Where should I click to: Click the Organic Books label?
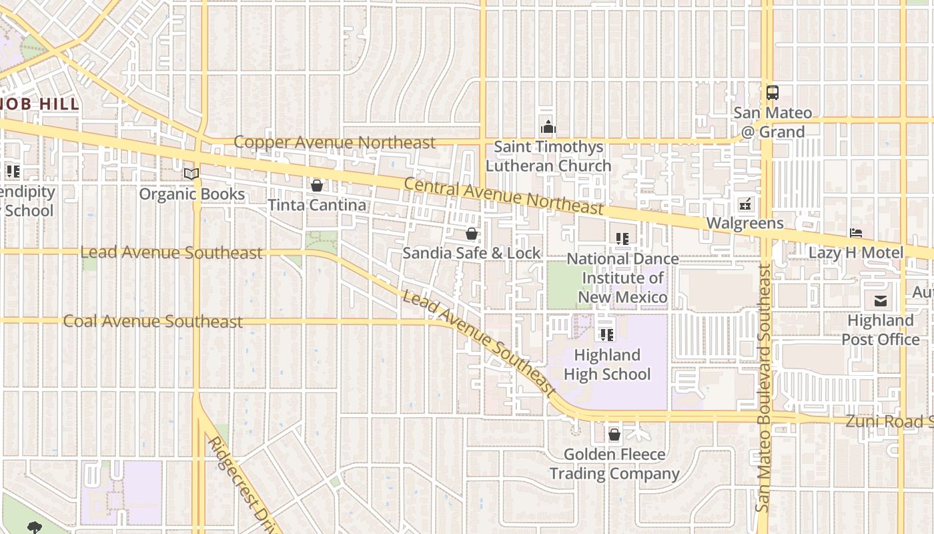point(192,194)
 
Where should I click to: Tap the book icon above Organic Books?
point(191,174)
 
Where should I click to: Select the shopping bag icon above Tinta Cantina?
point(317,185)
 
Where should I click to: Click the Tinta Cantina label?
point(317,205)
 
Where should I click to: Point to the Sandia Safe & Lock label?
point(472,253)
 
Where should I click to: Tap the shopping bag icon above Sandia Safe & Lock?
point(472,234)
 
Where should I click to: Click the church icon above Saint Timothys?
point(548,127)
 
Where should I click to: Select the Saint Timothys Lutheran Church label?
point(548,156)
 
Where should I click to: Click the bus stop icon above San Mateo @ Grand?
point(772,93)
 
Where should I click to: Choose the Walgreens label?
point(745,223)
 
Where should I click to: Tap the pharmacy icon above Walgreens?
point(745,204)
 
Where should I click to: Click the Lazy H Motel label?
point(856,252)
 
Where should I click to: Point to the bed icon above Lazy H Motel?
point(857,233)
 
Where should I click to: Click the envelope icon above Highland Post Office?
point(881,301)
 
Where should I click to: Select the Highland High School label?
point(607,364)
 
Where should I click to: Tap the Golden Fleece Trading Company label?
point(614,464)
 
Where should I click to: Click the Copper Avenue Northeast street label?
point(334,142)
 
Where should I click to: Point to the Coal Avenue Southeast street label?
point(153,322)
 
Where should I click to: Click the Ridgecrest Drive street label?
point(242,484)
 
